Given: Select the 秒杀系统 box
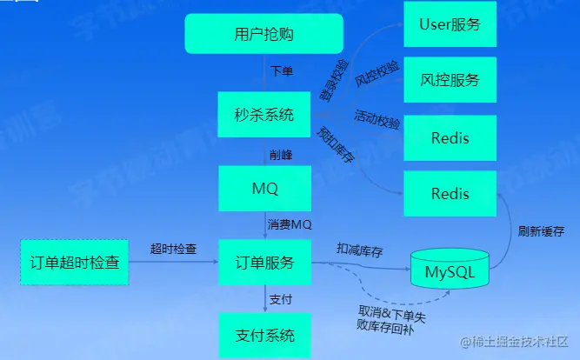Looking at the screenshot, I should click(x=263, y=115).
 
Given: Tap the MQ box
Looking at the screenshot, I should click(x=263, y=188).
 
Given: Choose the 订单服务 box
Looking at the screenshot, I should click(x=263, y=263).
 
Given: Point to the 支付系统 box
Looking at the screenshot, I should click(x=263, y=335).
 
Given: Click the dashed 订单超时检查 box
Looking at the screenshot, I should click(x=74, y=263).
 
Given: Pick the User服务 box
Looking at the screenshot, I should click(x=450, y=24).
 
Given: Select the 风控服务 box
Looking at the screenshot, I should click(x=450, y=81).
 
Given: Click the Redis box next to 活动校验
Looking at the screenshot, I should click(x=450, y=138).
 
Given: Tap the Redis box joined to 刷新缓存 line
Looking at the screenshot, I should click(x=450, y=194).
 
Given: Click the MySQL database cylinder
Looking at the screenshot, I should click(x=450, y=272).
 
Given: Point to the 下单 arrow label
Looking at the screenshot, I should click(x=282, y=71).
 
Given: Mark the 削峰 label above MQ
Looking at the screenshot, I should click(x=280, y=154).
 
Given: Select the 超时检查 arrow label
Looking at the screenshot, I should click(x=173, y=249).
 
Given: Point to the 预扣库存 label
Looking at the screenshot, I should click(x=335, y=143).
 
